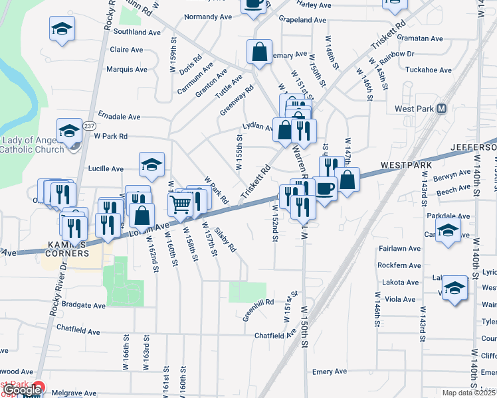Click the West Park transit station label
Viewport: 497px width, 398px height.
click(x=414, y=109)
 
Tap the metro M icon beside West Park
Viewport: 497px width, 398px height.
click(x=441, y=109)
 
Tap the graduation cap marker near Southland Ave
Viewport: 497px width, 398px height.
click(x=62, y=29)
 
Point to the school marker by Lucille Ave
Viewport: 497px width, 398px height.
click(x=151, y=165)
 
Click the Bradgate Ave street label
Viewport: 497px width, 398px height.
click(x=81, y=306)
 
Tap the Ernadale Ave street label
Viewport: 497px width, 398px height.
click(x=119, y=116)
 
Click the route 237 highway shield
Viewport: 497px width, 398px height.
click(x=90, y=126)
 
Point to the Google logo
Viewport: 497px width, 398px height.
click(x=21, y=391)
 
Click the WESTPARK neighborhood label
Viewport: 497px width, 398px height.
click(x=407, y=164)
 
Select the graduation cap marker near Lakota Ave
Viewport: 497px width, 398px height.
click(x=454, y=288)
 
